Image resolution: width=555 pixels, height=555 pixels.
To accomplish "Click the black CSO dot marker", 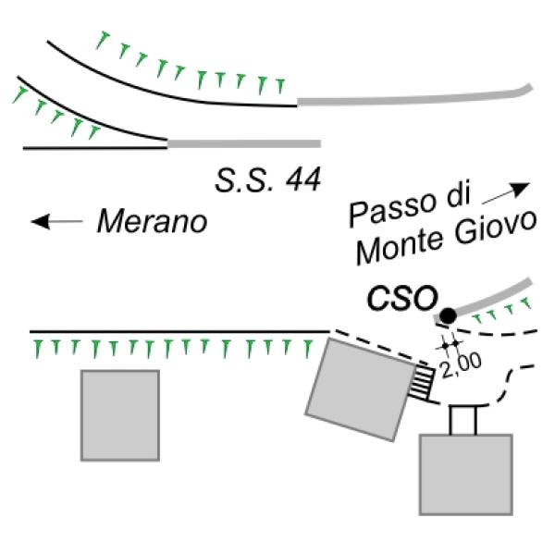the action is (x=448, y=315).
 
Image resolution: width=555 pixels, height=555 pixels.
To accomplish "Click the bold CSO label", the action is (x=402, y=298).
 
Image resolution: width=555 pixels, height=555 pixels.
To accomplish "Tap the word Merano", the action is (x=153, y=222).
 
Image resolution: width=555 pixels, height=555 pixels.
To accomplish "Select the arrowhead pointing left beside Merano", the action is (x=41, y=222).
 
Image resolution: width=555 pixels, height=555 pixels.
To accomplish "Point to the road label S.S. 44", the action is (x=268, y=179).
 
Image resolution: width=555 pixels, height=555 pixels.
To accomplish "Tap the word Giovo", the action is (x=495, y=229).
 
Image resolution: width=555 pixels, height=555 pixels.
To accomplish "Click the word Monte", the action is (x=399, y=249).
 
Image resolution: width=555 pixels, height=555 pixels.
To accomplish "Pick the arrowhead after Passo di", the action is (x=521, y=190).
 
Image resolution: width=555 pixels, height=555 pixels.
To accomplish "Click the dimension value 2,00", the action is (x=461, y=364).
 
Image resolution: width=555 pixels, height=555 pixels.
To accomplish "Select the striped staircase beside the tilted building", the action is (x=422, y=384).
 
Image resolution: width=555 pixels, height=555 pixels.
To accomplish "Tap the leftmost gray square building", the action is (x=120, y=415).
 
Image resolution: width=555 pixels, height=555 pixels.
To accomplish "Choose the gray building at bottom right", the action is (x=466, y=475).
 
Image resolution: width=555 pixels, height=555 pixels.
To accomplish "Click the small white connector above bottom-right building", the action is (x=463, y=420).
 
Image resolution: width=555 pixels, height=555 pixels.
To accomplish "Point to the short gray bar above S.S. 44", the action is (x=244, y=143).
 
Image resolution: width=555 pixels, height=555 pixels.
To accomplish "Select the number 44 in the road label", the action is (x=303, y=179).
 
